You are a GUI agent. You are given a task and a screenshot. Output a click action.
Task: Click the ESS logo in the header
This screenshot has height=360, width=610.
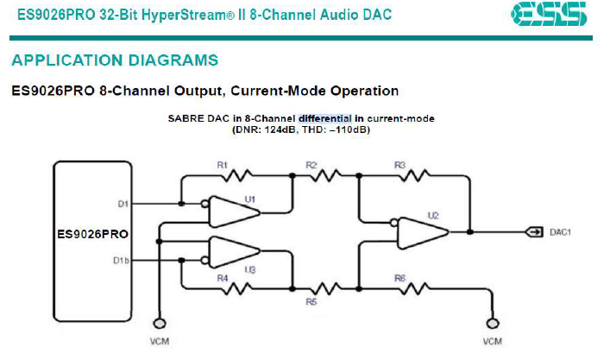click(548, 14)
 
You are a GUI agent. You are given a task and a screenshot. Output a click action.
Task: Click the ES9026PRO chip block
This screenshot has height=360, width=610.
click(92, 234)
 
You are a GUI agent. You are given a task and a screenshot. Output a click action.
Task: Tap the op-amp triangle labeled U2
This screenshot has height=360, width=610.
click(420, 232)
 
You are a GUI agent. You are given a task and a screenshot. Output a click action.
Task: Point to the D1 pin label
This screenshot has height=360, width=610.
click(123, 205)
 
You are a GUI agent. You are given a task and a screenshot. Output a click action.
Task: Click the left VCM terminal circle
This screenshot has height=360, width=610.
click(158, 324)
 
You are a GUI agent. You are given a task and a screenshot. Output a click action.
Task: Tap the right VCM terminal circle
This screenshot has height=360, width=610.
click(493, 324)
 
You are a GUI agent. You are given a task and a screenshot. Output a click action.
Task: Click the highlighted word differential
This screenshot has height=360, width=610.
click(325, 118)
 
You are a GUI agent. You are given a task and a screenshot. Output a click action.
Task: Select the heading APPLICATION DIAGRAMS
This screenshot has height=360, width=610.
click(114, 60)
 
